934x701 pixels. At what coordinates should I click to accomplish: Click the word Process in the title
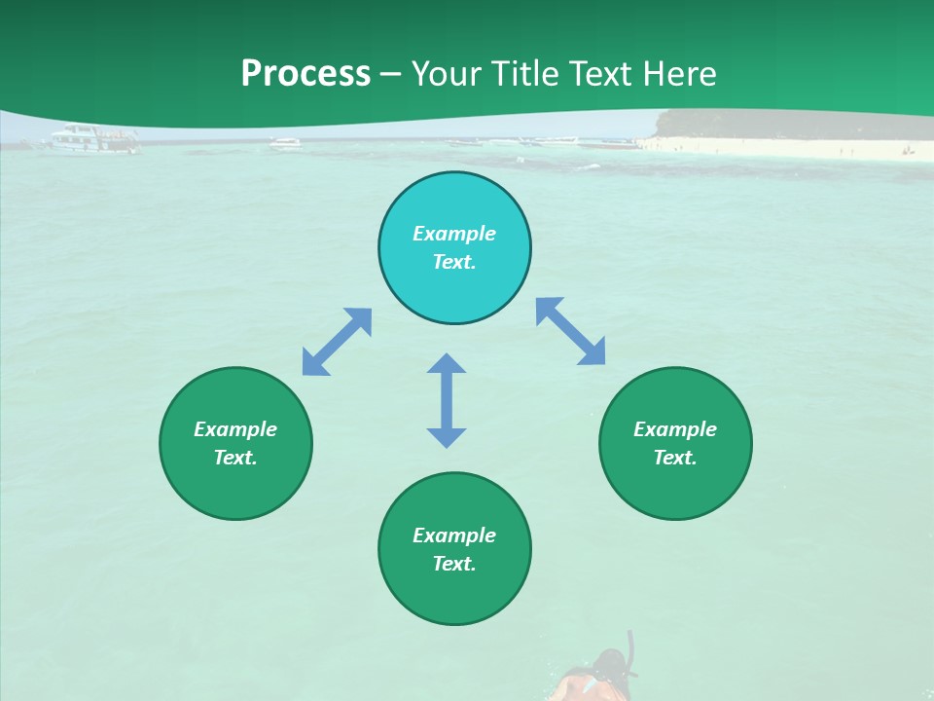(x=305, y=74)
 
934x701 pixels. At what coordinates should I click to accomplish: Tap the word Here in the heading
(x=680, y=74)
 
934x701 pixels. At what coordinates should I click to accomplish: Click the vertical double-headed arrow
(x=447, y=400)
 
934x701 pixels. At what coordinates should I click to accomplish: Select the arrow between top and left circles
(x=337, y=342)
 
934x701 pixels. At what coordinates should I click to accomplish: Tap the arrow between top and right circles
(x=571, y=331)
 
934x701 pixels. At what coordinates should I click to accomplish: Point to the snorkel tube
(x=632, y=650)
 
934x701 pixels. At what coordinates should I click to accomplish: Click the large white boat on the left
(x=93, y=139)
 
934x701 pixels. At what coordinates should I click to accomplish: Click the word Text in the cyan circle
(x=454, y=262)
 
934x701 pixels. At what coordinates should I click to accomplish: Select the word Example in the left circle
(x=235, y=429)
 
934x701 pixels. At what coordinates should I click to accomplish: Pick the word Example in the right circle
(x=675, y=429)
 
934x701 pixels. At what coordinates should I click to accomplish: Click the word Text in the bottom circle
(x=454, y=564)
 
